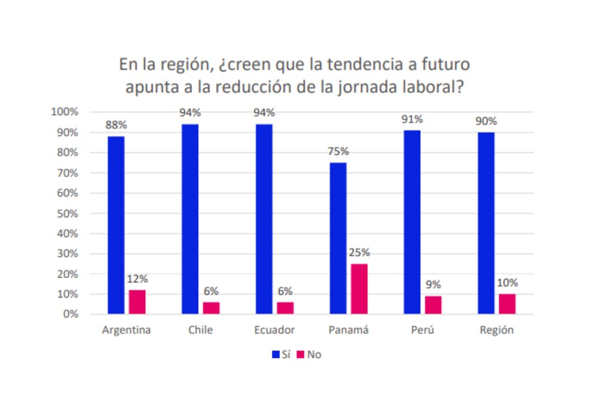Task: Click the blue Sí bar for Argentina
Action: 116,225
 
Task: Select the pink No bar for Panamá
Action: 359,289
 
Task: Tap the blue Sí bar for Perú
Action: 412,222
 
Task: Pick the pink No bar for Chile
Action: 211,308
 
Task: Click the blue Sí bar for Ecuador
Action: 264,219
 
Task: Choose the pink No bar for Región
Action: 507,304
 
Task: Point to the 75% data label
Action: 338,151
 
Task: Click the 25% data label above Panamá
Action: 359,252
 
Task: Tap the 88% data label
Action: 116,125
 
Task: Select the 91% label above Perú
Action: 412,119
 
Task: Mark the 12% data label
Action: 137,279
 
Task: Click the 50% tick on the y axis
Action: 66,213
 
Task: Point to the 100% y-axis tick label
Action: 64,112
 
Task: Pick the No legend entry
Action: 310,355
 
